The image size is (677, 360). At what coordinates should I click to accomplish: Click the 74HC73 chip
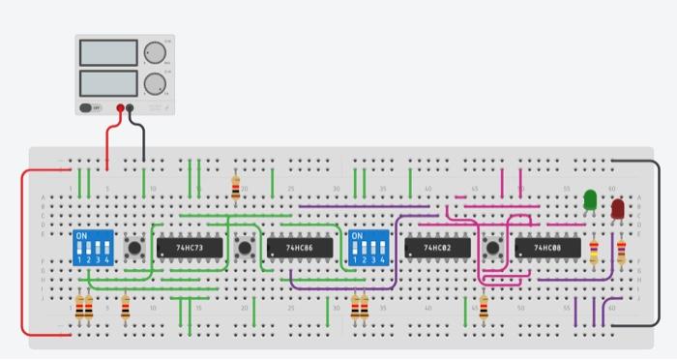pos(190,249)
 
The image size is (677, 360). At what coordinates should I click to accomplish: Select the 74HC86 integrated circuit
pos(300,249)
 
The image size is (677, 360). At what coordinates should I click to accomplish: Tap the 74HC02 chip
pos(437,249)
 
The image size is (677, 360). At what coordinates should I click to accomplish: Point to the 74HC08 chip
pos(547,249)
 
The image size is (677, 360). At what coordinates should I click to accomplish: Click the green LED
pos(590,199)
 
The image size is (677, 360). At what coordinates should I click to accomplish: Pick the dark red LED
pos(617,207)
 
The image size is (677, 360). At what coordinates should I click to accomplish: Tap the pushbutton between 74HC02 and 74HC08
pos(494,249)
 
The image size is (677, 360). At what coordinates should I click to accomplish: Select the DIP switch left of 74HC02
pos(368,249)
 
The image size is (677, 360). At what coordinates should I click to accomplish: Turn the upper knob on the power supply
pos(155,52)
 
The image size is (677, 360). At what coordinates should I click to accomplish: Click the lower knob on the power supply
pos(155,83)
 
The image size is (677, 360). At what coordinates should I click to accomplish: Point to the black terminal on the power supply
pos(130,108)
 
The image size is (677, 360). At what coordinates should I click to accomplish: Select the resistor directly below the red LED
pos(620,255)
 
